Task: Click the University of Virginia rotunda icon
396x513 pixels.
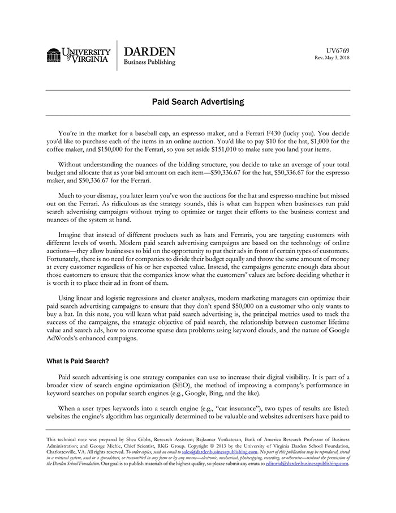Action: click(x=54, y=55)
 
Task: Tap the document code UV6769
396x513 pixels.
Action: click(x=338, y=50)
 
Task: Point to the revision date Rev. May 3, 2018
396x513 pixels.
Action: click(x=332, y=58)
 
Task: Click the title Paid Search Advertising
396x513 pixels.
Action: click(x=198, y=102)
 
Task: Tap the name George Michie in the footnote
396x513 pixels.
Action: click(x=113, y=446)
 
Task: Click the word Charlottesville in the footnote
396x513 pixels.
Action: click(x=64, y=453)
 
